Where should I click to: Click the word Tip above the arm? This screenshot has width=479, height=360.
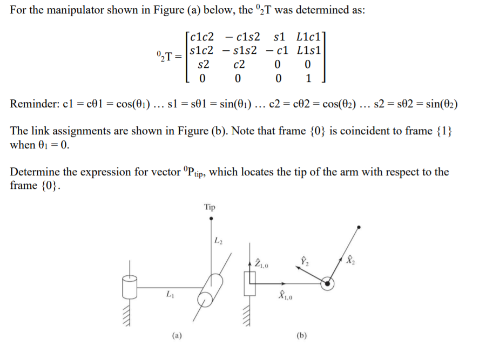click(x=210, y=207)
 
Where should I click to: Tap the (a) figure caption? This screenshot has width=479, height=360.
click(x=177, y=335)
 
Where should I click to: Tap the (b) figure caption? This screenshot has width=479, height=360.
click(x=301, y=335)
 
